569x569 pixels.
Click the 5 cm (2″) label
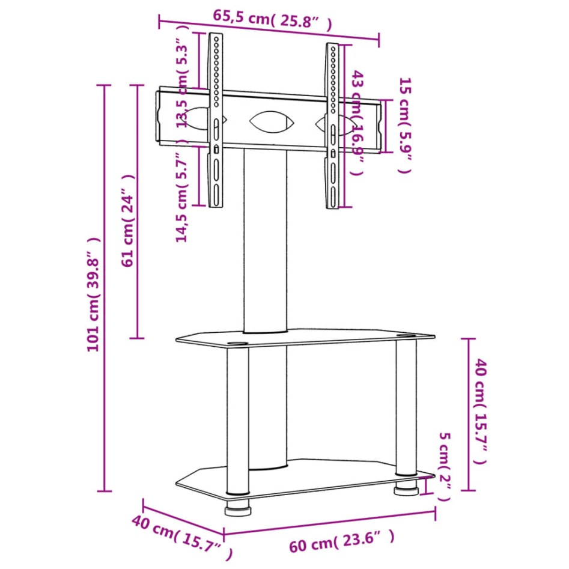444,466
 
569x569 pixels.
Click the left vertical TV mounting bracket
215,120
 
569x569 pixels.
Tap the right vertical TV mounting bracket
333,126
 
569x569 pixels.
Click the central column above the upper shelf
265,240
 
